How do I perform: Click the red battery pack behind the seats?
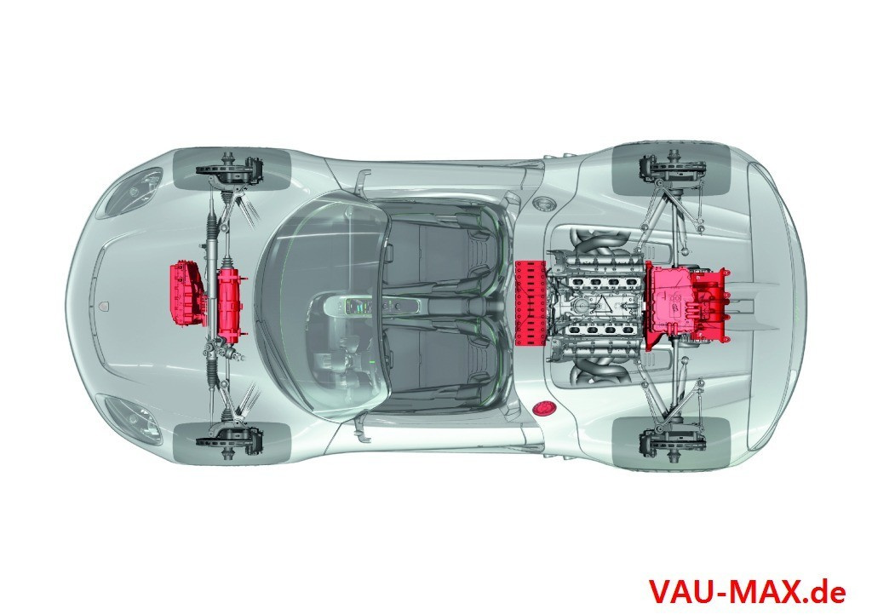(x=531, y=303)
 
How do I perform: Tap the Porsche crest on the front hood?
(x=106, y=305)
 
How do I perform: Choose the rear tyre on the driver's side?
(x=671, y=443)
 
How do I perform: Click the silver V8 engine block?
(x=598, y=303)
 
